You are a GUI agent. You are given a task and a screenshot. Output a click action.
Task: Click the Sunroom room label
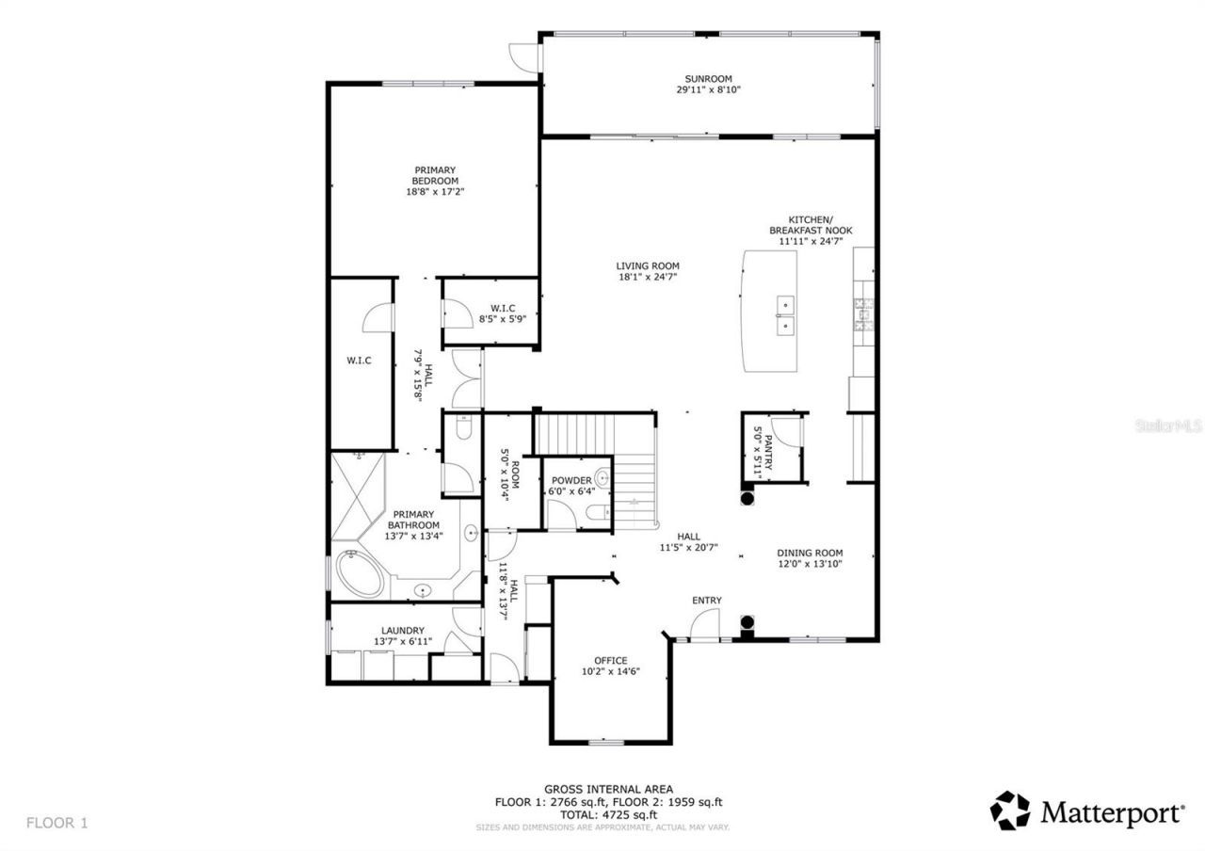[x=708, y=79]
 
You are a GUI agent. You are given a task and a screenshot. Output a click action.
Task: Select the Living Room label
[x=648, y=266]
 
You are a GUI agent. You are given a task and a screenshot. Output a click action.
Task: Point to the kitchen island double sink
[x=784, y=315]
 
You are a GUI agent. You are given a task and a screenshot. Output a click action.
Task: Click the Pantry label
[x=768, y=440]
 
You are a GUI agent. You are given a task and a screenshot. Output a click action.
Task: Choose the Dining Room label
[x=810, y=554]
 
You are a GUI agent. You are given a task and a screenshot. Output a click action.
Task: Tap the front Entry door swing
[x=704, y=624]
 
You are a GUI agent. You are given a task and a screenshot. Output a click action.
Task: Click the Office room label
[x=611, y=660]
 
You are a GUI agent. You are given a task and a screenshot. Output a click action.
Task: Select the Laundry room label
[x=402, y=631]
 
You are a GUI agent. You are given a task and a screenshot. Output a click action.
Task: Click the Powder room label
[x=571, y=480]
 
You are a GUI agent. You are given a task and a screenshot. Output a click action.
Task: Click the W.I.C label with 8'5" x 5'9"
[x=502, y=308]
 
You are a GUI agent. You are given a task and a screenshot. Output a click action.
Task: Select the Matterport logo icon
[x=1009, y=811]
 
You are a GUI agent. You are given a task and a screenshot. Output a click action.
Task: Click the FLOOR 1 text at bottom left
[x=56, y=823]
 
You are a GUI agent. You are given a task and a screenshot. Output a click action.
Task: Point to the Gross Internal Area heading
[x=608, y=789]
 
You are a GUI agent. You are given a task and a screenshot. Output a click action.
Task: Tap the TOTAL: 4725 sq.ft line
[x=608, y=814]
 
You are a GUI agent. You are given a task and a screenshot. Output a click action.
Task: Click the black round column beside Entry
[x=747, y=623]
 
